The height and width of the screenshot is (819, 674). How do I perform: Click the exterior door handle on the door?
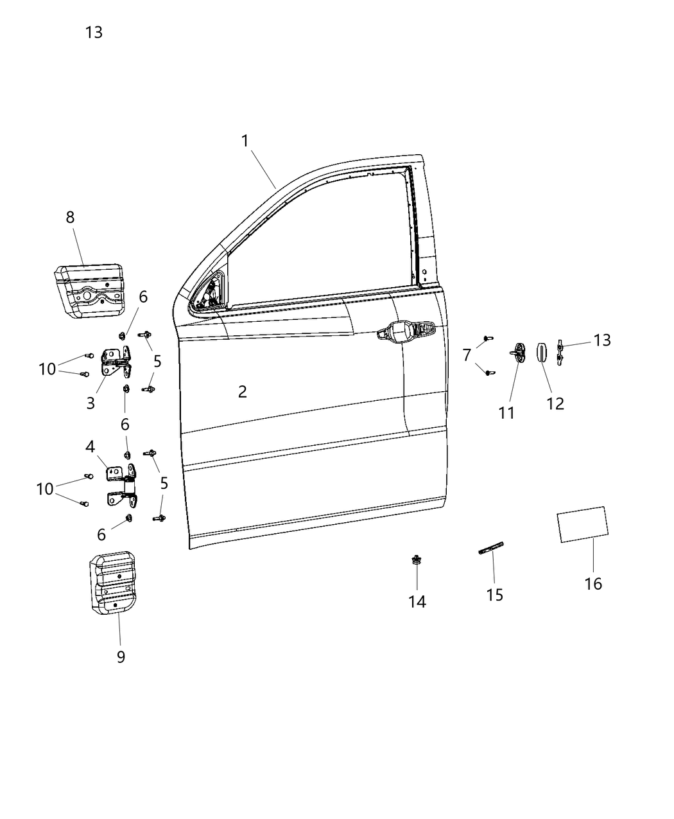pos(406,333)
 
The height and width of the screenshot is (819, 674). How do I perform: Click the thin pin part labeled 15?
pos(492,550)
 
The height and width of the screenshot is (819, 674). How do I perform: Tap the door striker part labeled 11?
pos(517,353)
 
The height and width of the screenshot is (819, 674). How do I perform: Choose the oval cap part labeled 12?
pos(542,352)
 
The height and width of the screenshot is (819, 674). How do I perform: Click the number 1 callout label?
pos(245,141)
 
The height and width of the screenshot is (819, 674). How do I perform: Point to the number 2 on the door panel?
pos(242,391)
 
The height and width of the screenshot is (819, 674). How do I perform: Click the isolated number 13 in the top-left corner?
pos(94,32)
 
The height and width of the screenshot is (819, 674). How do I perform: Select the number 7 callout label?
pos(467,355)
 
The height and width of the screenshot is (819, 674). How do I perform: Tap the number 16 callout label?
pos(593,583)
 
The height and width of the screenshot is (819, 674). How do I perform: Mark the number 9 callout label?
pos(121,656)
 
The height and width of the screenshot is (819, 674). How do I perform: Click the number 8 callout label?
pos(70,217)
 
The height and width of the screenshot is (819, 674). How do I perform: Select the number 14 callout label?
pos(417,601)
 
